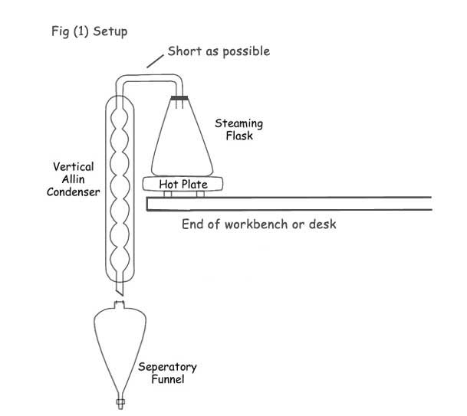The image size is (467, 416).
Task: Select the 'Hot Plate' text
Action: coord(179,184)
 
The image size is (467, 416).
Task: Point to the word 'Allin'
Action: coord(74,179)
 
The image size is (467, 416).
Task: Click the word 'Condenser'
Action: coord(74,192)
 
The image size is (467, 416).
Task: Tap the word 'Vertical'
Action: coord(74,165)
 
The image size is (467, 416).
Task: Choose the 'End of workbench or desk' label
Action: coord(259,225)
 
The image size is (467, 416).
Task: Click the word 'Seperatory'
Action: coord(168,366)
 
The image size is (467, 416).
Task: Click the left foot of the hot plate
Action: coord(168,195)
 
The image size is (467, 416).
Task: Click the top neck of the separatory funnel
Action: coord(119,306)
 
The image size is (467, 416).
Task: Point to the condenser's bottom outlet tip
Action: coord(119,292)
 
